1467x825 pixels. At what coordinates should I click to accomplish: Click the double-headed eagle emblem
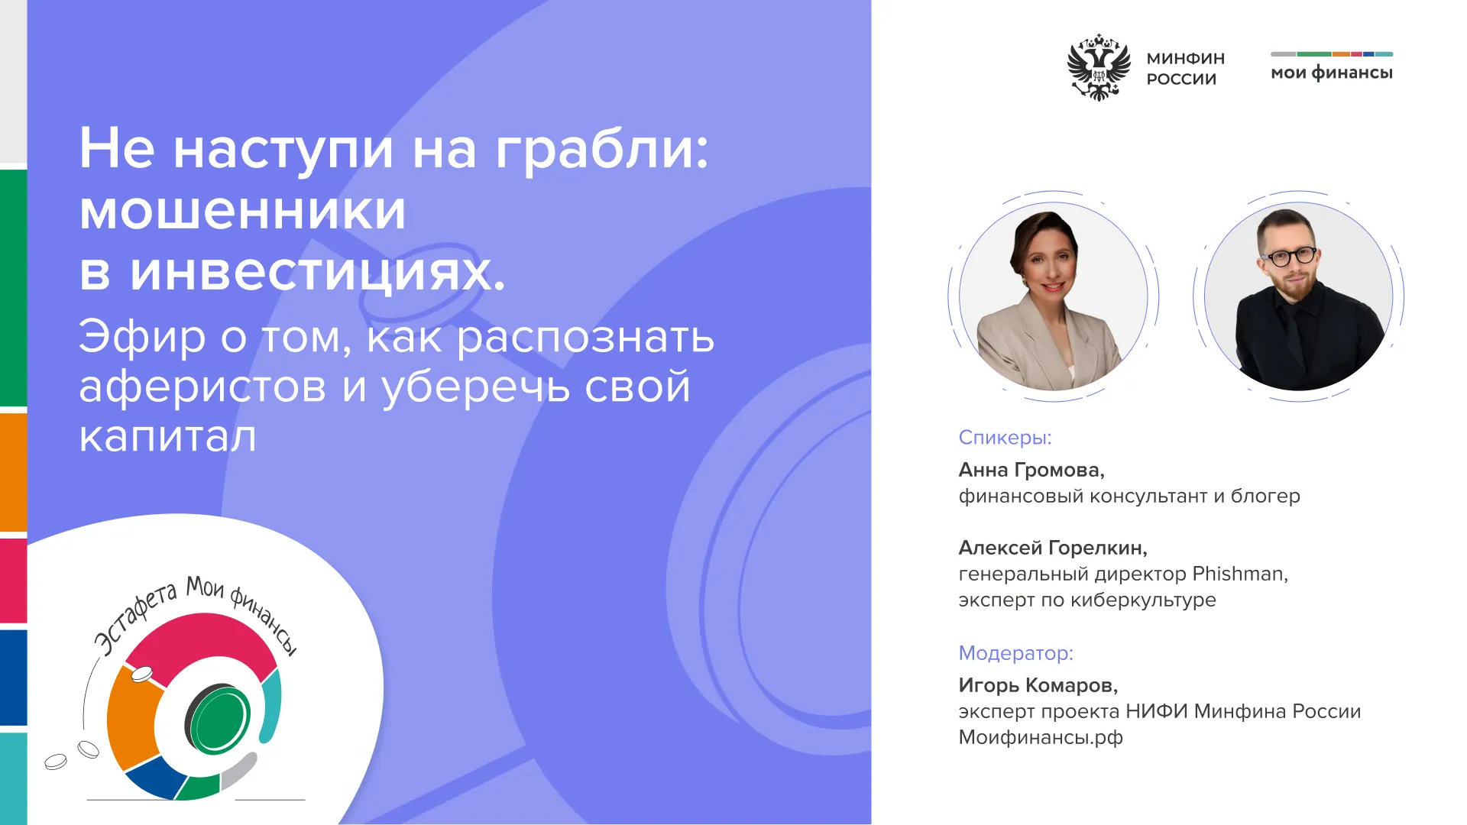(1098, 67)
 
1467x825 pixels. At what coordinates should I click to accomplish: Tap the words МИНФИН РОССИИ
(1185, 69)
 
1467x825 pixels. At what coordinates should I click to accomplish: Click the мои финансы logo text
(1332, 73)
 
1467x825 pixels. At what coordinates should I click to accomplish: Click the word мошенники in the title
(243, 211)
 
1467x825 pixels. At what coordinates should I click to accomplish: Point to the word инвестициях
(317, 273)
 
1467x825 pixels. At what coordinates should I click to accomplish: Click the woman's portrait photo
(1054, 296)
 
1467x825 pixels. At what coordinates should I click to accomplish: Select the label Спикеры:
(1006, 438)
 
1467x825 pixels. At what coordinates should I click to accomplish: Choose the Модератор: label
(1016, 653)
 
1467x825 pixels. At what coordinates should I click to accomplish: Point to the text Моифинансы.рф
(1041, 738)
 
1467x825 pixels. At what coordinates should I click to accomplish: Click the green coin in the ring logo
(220, 720)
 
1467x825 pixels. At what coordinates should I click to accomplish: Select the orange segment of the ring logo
(130, 718)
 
